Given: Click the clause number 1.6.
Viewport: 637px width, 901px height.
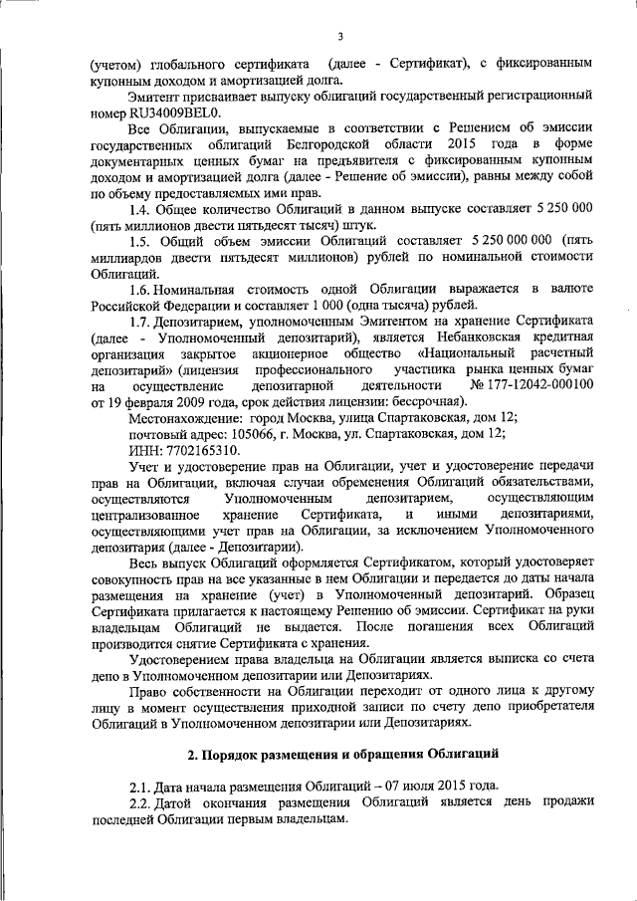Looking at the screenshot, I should (142, 289).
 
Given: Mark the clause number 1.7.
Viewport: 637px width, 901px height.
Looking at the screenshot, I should (142, 322).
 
